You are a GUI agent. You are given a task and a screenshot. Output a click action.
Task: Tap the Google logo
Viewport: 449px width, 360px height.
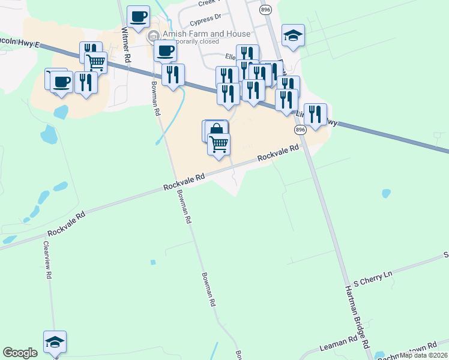coord(20,353)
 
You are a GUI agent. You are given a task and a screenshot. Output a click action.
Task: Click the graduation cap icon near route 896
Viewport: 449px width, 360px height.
coord(293,35)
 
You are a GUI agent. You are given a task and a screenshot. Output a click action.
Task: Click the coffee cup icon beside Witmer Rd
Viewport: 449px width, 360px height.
coord(138,17)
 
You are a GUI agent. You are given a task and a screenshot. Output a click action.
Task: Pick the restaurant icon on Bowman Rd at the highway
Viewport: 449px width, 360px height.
coord(173,74)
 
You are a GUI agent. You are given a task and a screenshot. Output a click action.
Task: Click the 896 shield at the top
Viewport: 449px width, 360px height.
coord(265,10)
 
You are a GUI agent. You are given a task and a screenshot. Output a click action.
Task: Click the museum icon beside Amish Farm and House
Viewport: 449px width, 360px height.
coord(154,34)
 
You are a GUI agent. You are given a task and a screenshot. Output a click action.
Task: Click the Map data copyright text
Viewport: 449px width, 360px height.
coord(424,355)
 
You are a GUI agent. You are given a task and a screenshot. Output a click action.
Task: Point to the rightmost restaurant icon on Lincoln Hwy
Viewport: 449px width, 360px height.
coord(315,114)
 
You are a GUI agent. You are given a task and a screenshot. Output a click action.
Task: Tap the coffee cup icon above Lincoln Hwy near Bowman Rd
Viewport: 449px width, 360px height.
coord(165,50)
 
